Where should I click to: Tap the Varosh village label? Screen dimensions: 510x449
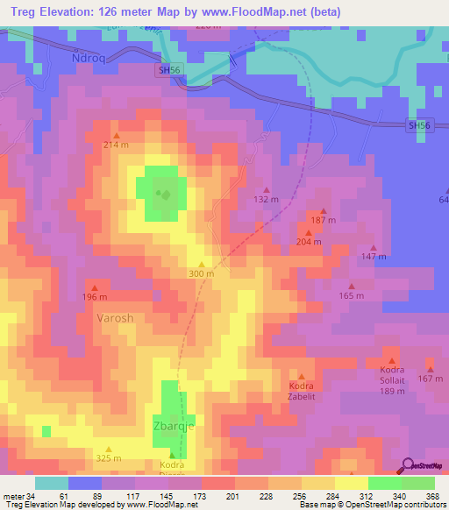115,319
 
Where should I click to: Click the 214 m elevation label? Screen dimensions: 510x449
114,145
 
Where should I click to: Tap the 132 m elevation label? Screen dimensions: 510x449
266,200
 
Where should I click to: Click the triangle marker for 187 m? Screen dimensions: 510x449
324,210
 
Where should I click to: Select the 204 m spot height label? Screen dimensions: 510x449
308,241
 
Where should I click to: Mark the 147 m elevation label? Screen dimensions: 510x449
374,257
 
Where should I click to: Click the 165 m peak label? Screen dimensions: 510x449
351,296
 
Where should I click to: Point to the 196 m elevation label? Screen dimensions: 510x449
95,296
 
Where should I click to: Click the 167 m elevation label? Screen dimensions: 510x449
430,378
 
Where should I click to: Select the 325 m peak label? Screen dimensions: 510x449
108,458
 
